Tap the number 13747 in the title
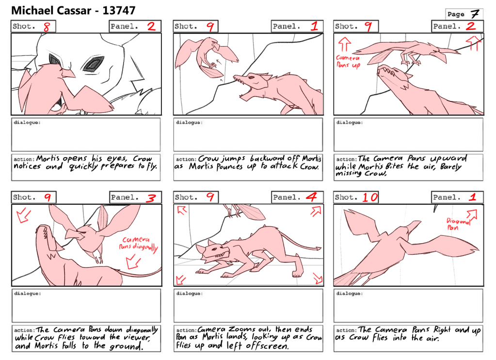(119, 11)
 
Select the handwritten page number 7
(475, 14)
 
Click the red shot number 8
(47, 27)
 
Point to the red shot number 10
(370, 197)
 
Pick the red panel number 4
(312, 197)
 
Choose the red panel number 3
(151, 198)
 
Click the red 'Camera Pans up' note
(348, 62)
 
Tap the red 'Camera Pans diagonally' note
(138, 244)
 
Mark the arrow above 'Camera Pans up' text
(344, 44)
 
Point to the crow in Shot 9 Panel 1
(207, 57)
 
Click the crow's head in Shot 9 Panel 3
(77, 235)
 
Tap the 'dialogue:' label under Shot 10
(350, 294)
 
